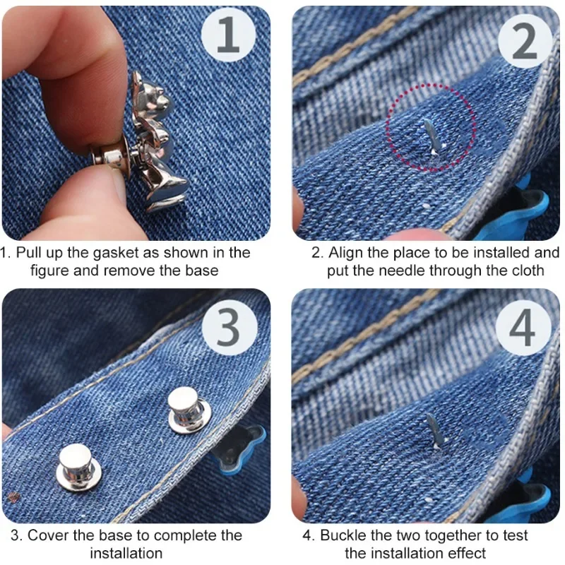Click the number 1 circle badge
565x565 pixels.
(227, 35)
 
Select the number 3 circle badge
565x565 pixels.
(228, 327)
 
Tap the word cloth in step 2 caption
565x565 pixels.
(526, 270)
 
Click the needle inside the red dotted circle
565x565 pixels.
(430, 133)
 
